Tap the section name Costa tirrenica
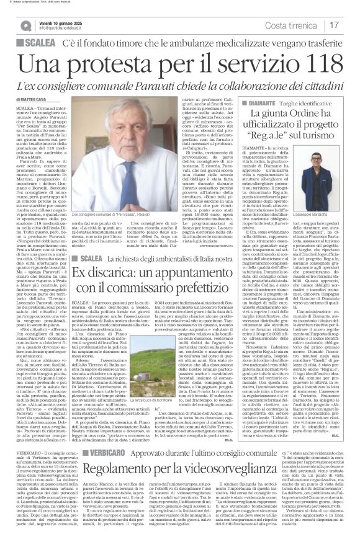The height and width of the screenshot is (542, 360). [301, 25]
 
